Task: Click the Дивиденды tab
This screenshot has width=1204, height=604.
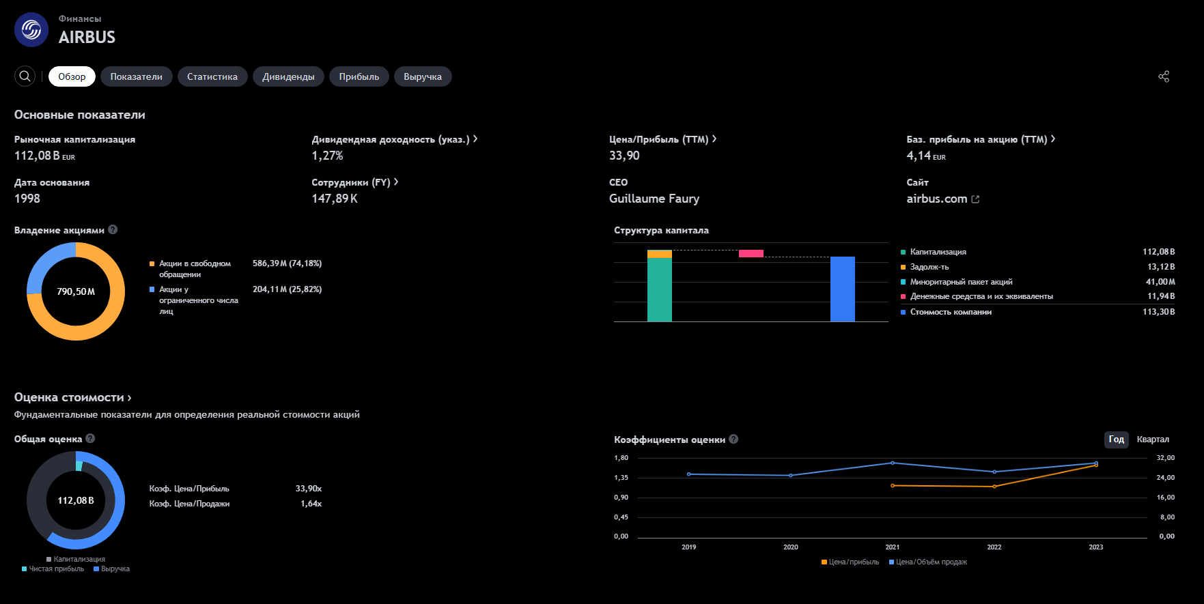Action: coord(288,76)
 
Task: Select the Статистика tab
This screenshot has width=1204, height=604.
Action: coord(212,76)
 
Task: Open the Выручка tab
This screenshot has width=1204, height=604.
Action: coord(423,76)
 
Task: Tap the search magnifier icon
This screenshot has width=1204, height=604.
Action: coord(25,76)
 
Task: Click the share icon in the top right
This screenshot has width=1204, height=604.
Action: coord(1164,76)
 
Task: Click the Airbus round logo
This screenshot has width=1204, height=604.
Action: coord(31,30)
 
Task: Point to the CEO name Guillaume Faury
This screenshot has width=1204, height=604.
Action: coord(654,199)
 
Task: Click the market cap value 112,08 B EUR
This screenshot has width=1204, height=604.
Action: coord(44,156)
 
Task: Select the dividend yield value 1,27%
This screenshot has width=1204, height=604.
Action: coord(327,156)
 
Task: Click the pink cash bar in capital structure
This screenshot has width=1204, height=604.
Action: coord(751,254)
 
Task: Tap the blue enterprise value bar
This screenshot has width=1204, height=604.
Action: coord(843,289)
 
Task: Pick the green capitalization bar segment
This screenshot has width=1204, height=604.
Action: coord(660,289)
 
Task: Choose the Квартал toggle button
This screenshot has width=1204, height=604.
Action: coord(1153,440)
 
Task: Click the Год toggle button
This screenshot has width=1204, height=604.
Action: coord(1117,440)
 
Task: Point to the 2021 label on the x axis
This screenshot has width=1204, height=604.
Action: coord(893,547)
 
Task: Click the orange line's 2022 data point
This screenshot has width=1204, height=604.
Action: coord(994,487)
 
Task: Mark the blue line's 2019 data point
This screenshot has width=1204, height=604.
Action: coord(689,474)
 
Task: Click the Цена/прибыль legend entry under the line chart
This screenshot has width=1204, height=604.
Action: coord(850,562)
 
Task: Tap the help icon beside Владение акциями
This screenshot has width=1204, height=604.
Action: coord(113,230)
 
